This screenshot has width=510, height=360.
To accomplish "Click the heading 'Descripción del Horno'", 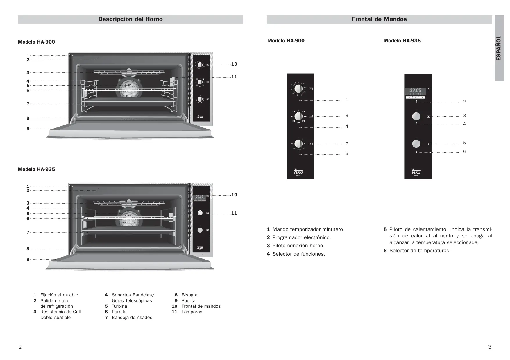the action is (x=130, y=19).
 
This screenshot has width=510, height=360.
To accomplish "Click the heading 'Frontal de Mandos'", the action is (x=379, y=19).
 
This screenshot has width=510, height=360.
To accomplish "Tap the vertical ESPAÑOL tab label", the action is (x=499, y=48).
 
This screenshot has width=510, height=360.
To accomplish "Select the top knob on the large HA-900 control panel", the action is (x=298, y=89).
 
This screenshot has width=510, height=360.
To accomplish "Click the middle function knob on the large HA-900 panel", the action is (x=298, y=116).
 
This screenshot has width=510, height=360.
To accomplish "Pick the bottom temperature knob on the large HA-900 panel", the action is (x=298, y=144).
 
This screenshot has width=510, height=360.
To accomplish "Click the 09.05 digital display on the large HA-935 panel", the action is (x=415, y=91).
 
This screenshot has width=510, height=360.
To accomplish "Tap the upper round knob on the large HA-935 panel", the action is (x=416, y=116).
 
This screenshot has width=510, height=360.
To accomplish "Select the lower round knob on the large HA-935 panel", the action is (x=416, y=144).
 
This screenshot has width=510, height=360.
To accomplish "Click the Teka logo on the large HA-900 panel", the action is (x=298, y=172).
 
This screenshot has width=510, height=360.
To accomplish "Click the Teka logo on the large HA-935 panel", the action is (x=416, y=172).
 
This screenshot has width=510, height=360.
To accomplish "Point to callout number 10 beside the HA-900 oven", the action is (x=234, y=64).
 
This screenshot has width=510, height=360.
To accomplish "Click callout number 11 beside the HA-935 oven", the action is (x=234, y=213).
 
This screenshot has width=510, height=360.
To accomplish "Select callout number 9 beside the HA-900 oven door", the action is (x=28, y=129).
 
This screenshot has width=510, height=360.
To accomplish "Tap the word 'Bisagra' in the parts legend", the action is (x=189, y=295).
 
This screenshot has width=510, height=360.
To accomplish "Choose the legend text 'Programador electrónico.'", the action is (x=302, y=237).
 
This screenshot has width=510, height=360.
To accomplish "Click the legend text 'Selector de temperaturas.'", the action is (x=420, y=251).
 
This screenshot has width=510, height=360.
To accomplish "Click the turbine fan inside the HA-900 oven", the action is (x=128, y=87).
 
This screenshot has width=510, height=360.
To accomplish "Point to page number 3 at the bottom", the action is (x=490, y=347).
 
